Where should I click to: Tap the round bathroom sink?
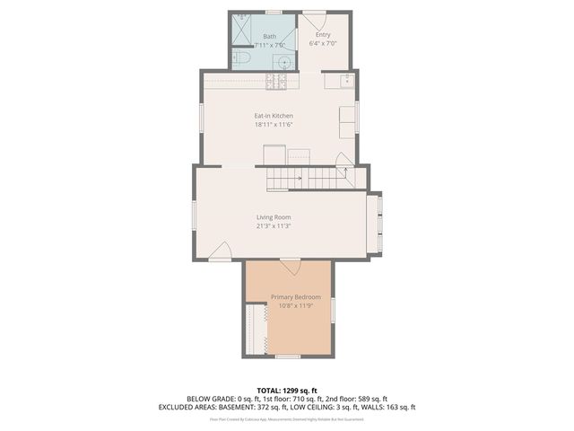[281, 61]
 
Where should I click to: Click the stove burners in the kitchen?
[276, 83]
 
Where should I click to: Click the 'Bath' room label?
[269, 36]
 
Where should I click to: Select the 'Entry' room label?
[323, 35]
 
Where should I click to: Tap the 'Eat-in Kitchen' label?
[274, 116]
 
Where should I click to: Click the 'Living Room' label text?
[274, 217]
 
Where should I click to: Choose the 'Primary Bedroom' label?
[295, 297]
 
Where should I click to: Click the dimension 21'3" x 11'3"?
[274, 226]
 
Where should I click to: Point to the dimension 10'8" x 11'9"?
[295, 306]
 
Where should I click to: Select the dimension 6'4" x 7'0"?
[323, 43]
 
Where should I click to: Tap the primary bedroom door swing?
[290, 267]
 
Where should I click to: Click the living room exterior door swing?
[221, 253]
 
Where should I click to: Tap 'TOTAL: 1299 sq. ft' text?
[286, 390]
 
